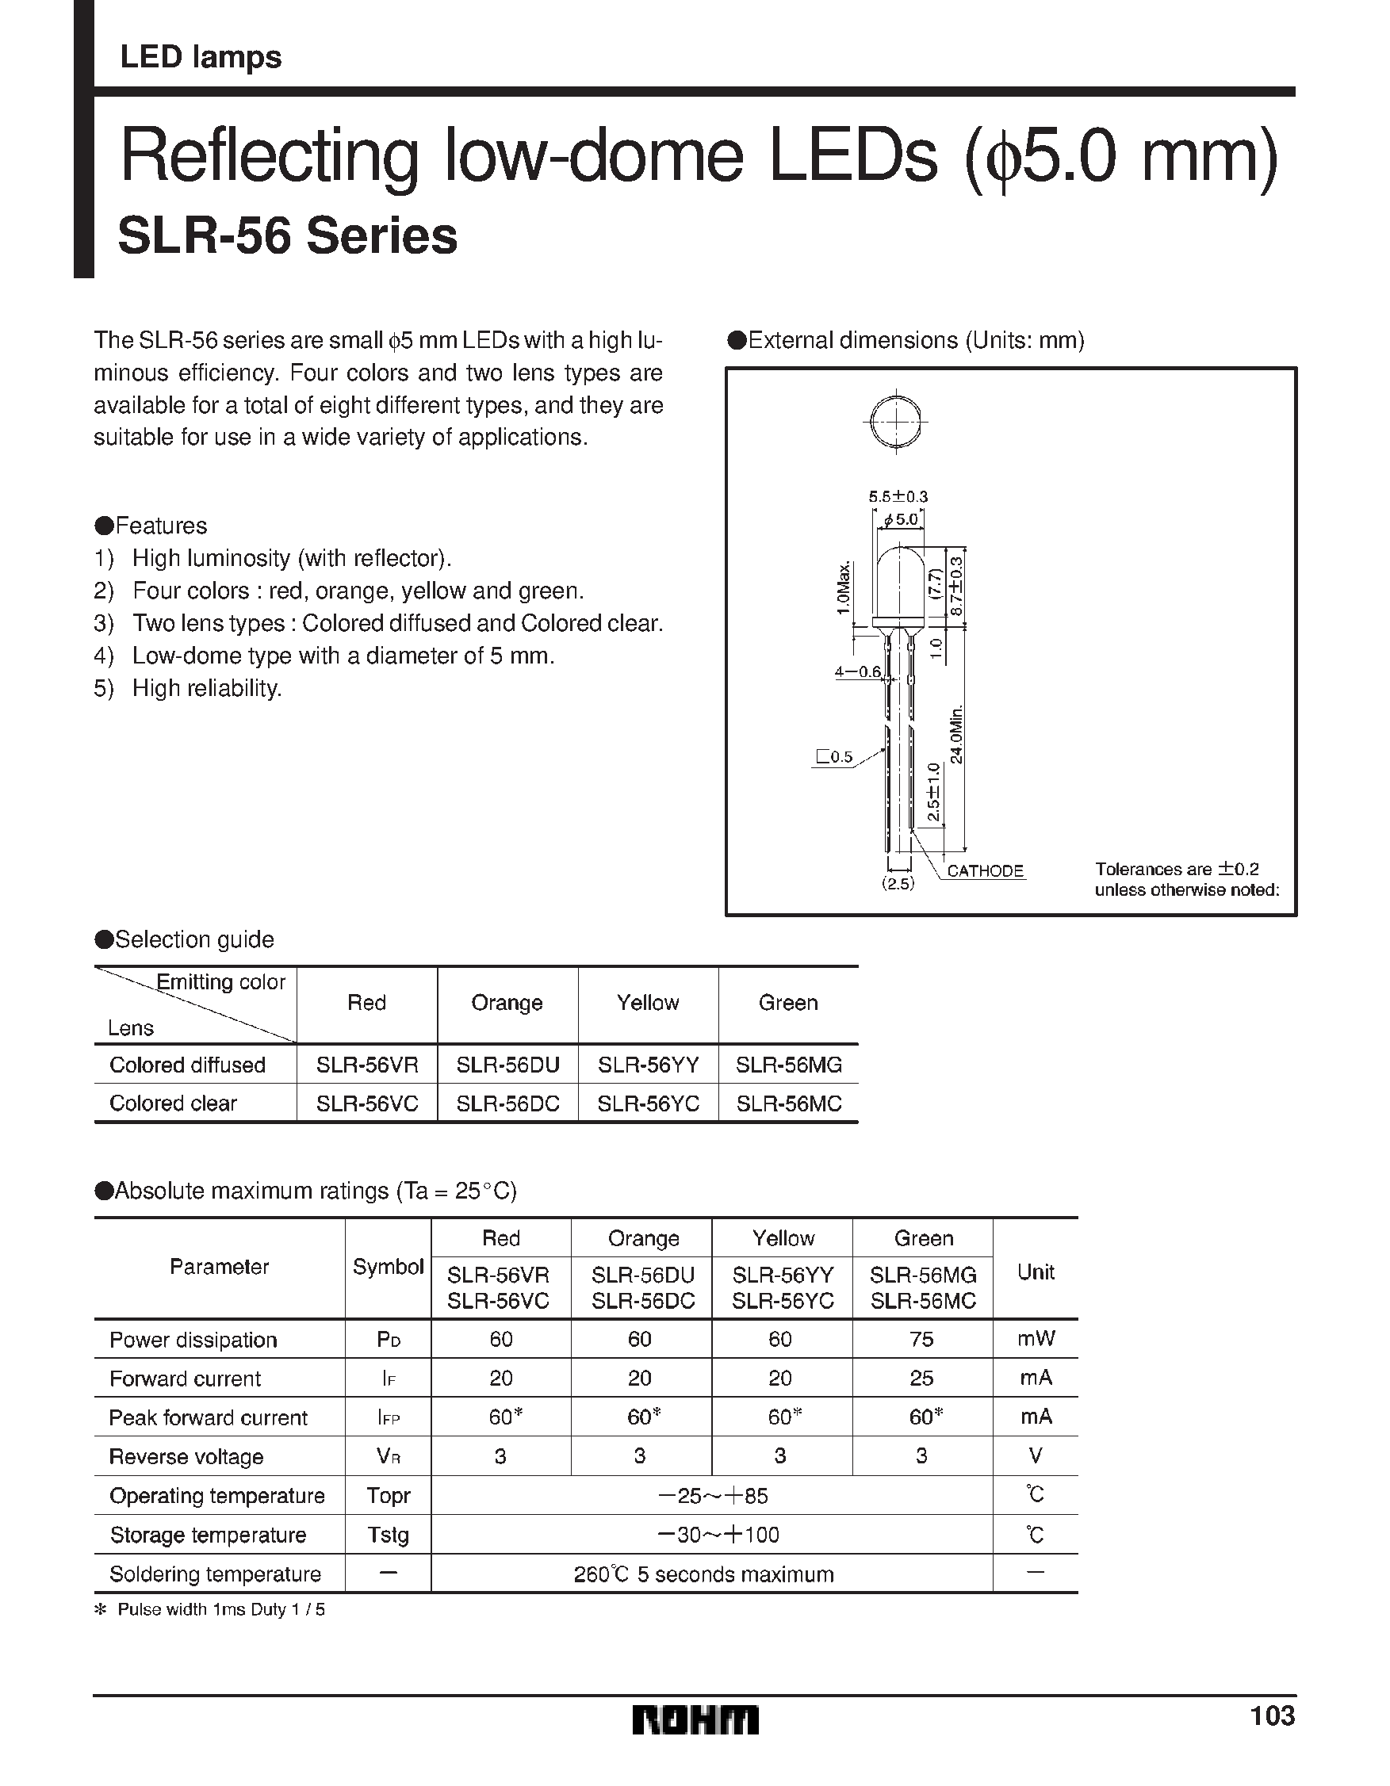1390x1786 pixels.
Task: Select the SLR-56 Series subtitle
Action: point(287,236)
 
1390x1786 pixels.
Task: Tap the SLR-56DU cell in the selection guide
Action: point(507,1065)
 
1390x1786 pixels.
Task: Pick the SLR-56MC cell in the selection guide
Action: point(789,1103)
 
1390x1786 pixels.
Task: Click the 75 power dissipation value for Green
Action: point(921,1339)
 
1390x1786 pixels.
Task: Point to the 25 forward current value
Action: point(921,1378)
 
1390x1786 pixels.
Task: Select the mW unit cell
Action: point(1035,1339)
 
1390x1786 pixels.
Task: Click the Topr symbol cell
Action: point(388,1495)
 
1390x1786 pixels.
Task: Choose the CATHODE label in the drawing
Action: point(985,871)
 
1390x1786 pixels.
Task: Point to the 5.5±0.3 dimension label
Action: point(898,496)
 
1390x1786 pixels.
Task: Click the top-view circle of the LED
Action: point(897,421)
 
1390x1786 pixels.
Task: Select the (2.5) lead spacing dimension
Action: point(898,883)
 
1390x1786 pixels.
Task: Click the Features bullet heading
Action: point(152,525)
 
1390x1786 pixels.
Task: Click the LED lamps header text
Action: point(201,57)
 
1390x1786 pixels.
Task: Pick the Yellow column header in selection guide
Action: point(647,1003)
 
